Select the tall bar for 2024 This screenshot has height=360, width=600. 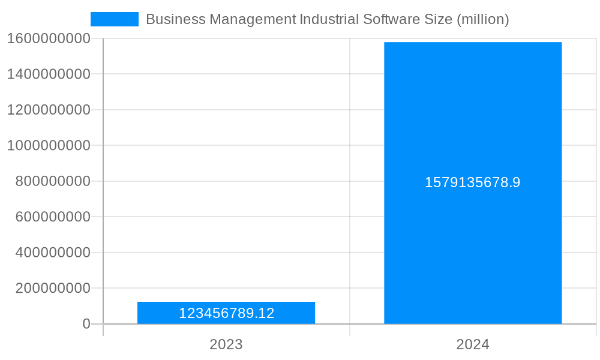pyautogui.click(x=473, y=120)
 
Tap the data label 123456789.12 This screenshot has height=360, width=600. pyautogui.click(x=226, y=313)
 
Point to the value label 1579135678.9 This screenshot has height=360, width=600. pyautogui.click(x=473, y=182)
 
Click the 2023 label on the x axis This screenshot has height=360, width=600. pyautogui.click(x=226, y=344)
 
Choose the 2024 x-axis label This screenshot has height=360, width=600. pyautogui.click(x=473, y=344)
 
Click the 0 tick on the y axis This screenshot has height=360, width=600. pyautogui.click(x=86, y=324)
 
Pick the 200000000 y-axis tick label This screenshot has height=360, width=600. pyautogui.click(x=53, y=288)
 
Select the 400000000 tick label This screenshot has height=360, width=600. pyautogui.click(x=53, y=253)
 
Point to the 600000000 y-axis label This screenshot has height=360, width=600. pyautogui.click(x=53, y=217)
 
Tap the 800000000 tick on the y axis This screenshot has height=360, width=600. pyautogui.click(x=53, y=181)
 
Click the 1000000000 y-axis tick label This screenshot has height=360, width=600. pyautogui.click(x=49, y=145)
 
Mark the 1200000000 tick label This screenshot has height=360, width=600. pyautogui.click(x=49, y=110)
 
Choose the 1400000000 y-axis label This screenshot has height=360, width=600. pyautogui.click(x=49, y=74)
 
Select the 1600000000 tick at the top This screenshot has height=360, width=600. pyautogui.click(x=49, y=38)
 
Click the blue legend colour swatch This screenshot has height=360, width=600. pyautogui.click(x=114, y=19)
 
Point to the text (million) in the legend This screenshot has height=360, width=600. pyautogui.click(x=482, y=19)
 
